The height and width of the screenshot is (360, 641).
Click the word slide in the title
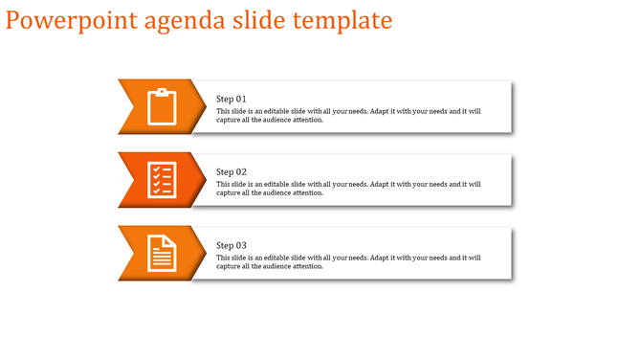click(x=260, y=20)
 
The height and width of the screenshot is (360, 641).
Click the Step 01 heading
click(x=232, y=100)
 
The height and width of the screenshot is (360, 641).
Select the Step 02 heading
click(x=232, y=172)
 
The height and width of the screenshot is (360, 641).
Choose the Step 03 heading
click(x=232, y=246)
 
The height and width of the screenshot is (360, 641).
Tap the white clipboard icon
click(x=163, y=106)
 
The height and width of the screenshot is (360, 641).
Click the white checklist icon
click(x=163, y=179)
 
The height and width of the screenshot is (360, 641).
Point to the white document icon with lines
click(x=163, y=253)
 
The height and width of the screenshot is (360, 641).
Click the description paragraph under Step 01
click(x=348, y=116)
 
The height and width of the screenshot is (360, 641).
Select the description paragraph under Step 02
click(x=348, y=189)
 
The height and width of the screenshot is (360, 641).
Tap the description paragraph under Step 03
click(x=348, y=261)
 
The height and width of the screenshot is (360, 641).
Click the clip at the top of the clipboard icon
click(x=163, y=92)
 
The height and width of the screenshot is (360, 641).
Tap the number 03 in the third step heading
click(x=241, y=246)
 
